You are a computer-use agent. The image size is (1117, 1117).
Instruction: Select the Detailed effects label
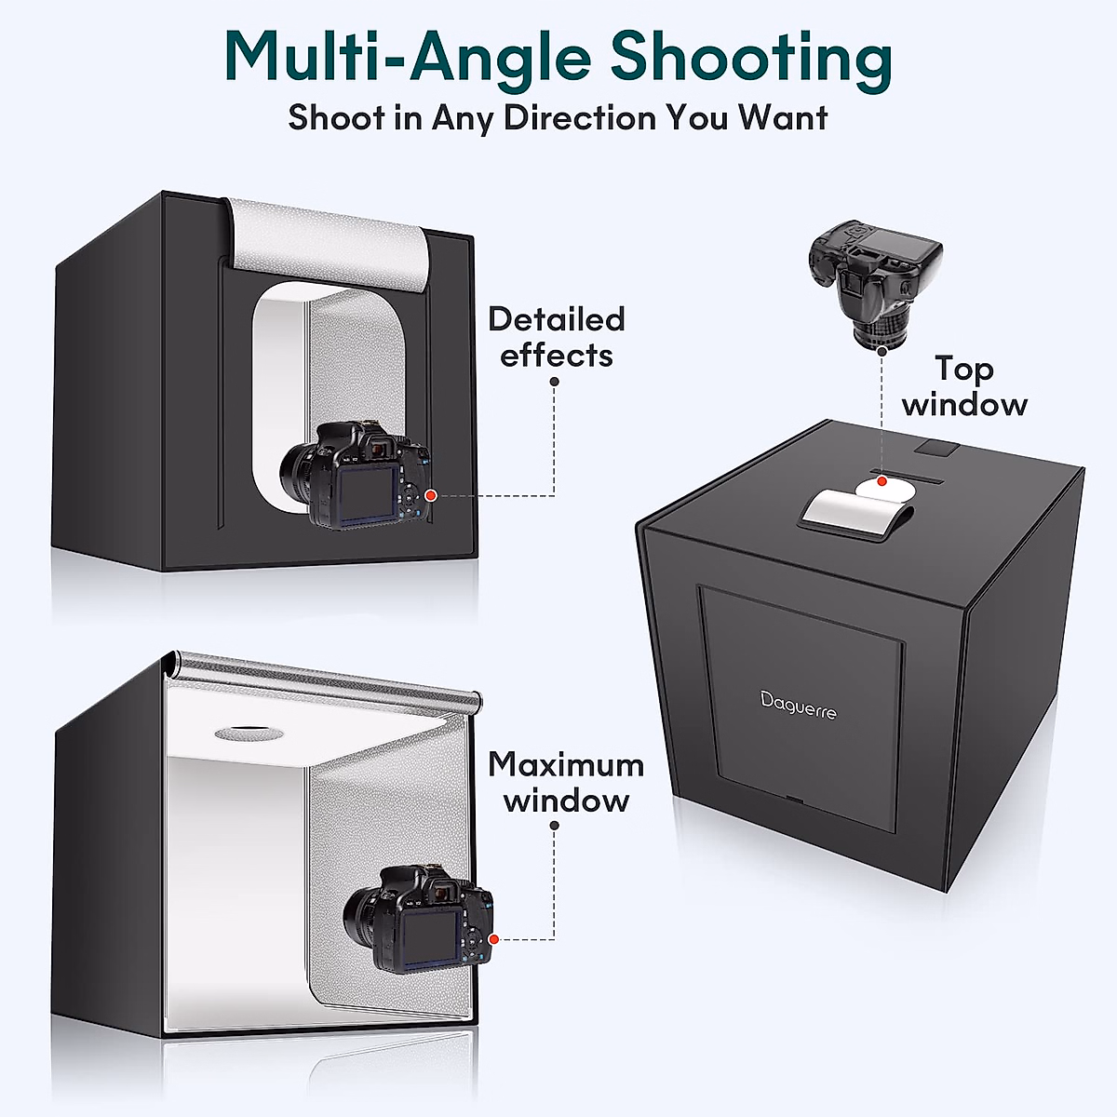pyautogui.click(x=556, y=337)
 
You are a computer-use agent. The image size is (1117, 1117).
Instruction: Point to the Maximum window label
pyautogui.click(x=566, y=782)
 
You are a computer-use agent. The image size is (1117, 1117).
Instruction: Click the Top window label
pyautogui.click(x=964, y=386)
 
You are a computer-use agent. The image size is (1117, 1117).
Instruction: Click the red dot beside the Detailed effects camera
pyautogui.click(x=430, y=495)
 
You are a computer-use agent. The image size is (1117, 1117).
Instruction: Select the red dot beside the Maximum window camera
pyautogui.click(x=494, y=940)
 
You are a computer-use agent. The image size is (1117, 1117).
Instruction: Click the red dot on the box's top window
pyautogui.click(x=881, y=481)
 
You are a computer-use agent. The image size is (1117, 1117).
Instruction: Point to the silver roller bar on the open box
pyautogui.click(x=326, y=678)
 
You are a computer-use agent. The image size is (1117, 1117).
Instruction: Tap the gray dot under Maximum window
pyautogui.click(x=554, y=825)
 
